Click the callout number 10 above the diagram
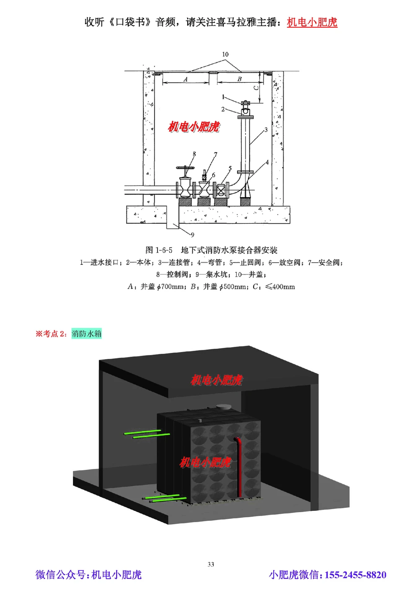tap(225, 54)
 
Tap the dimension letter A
tap(186, 79)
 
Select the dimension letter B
tap(240, 79)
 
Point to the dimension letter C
tap(256, 88)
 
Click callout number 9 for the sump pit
tap(192, 235)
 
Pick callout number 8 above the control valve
tap(194, 154)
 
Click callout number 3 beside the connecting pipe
tap(266, 130)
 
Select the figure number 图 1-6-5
tap(159, 251)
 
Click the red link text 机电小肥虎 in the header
tap(312, 22)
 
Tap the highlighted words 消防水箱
tap(86, 334)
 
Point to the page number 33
tap(211, 565)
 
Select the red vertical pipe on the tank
tap(239, 465)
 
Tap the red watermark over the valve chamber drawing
tap(194, 127)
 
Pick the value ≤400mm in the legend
tap(280, 287)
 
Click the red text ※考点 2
tap(50, 334)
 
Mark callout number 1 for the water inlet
tap(223, 97)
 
